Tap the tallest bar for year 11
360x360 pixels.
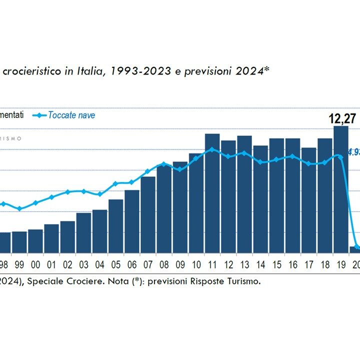[x=212, y=193]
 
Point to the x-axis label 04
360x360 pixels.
[x=99, y=264]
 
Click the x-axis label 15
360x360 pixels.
[x=276, y=264]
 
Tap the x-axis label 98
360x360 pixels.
[x=4, y=264]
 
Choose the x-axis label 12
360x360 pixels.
[x=228, y=264]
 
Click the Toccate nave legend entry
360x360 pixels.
[x=71, y=115]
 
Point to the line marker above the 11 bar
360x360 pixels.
[x=212, y=149]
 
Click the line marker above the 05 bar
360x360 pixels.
[x=115, y=183]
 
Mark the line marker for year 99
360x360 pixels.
[x=19, y=208]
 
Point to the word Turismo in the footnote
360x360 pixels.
[x=242, y=281]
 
